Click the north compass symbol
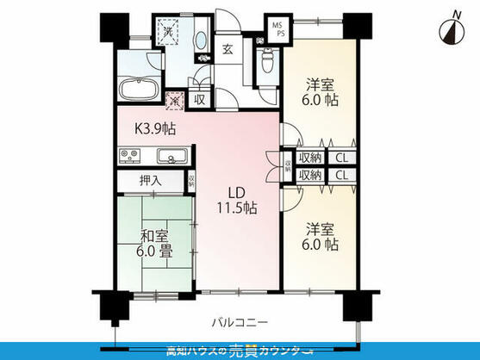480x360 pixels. (448, 29)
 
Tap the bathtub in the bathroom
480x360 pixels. (138, 90)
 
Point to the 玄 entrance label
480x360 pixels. (228, 48)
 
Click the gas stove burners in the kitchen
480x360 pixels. (131, 157)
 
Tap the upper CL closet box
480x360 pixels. (341, 157)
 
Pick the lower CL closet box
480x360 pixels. (341, 175)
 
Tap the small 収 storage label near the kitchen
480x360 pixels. (200, 100)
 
